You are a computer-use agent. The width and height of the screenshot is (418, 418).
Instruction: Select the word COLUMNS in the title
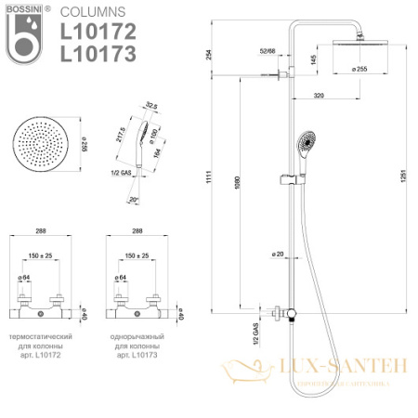(x=89, y=13)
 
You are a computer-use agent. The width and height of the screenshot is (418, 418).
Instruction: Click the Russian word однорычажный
(x=137, y=333)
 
